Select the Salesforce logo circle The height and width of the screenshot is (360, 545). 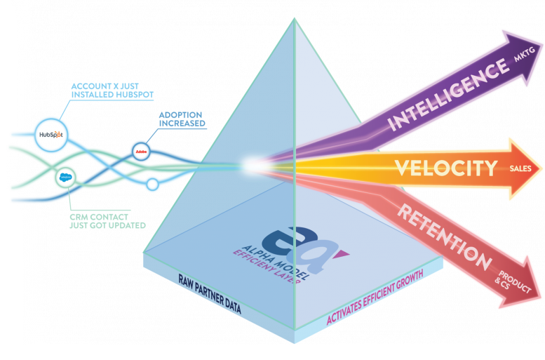tap(67, 178)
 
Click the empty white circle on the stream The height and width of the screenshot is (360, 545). tap(152, 185)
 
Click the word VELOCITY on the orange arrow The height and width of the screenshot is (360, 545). tap(445, 168)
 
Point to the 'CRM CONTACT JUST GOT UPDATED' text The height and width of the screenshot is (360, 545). tap(109, 220)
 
